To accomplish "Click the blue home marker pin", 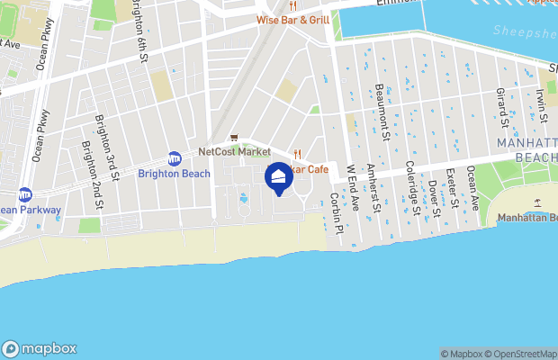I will pyautogui.click(x=278, y=176).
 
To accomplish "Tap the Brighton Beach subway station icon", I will pyautogui.click(x=174, y=157).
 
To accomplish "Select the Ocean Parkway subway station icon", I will pyautogui.click(x=25, y=194).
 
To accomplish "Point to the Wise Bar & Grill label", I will pyautogui.click(x=292, y=19).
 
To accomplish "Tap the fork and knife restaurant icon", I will pyautogui.click(x=296, y=154).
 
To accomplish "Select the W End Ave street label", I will pyautogui.click(x=353, y=187).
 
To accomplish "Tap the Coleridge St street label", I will pyautogui.click(x=412, y=190).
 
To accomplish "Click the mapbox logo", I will pyautogui.click(x=40, y=348).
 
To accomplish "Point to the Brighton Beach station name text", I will pyautogui.click(x=174, y=174).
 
